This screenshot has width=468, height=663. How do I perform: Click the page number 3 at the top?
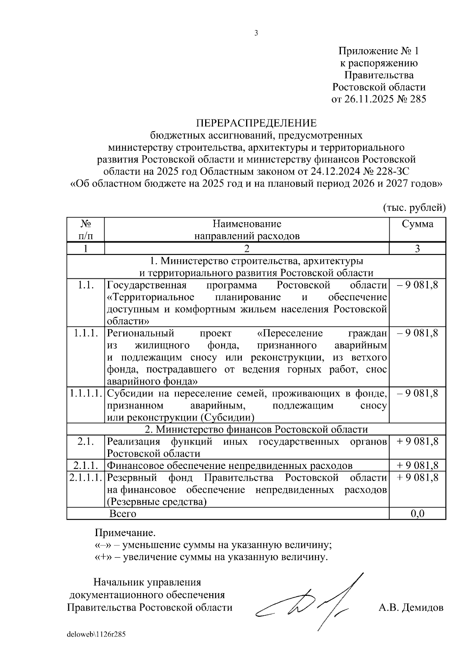[256, 34]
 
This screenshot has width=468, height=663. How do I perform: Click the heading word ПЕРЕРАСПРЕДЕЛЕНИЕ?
[256, 123]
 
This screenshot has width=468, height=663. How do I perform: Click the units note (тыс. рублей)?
[414, 207]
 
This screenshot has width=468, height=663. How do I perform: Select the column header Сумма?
[417, 224]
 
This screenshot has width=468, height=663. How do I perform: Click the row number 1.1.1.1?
[86, 394]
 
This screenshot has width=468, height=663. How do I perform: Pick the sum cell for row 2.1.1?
[417, 465]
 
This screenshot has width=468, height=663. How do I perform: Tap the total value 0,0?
[417, 513]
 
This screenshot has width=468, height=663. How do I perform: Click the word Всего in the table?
[123, 513]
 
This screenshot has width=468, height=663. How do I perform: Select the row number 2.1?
[86, 442]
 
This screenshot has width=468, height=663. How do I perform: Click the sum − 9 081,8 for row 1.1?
[417, 285]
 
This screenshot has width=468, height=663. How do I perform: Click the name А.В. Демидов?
[411, 608]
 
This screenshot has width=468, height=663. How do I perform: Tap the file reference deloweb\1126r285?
[96, 634]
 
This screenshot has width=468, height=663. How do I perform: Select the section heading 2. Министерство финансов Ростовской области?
[256, 430]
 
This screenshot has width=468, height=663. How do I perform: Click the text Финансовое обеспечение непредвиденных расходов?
[230, 465]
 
